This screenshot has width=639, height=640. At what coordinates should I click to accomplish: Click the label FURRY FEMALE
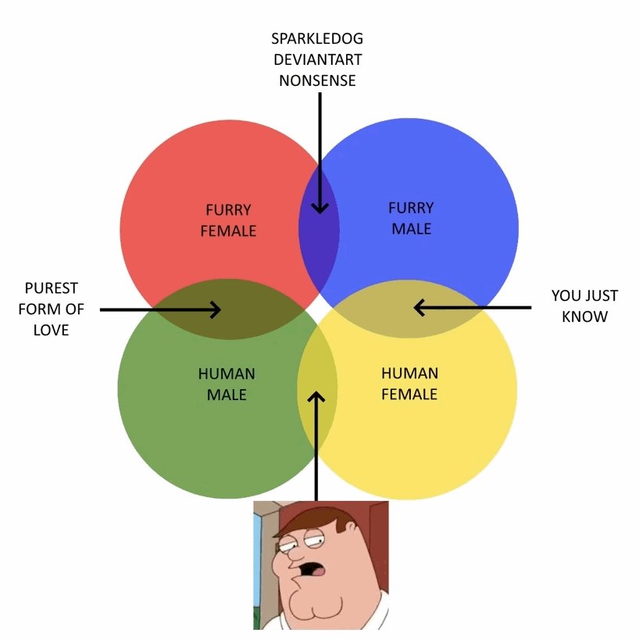[228, 220]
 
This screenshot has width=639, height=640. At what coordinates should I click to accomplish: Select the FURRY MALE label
[411, 218]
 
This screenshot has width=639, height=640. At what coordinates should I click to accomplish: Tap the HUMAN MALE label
[227, 384]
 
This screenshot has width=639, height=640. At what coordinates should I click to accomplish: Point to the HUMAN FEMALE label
[409, 383]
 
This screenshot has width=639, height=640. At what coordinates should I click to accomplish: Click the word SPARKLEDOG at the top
[317, 38]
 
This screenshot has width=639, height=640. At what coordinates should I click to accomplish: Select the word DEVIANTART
[317, 59]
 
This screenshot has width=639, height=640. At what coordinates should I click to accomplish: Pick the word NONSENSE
[317, 80]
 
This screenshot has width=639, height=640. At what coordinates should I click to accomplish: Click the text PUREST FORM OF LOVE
[51, 309]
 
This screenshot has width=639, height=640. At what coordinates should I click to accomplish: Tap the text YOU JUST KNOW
[584, 306]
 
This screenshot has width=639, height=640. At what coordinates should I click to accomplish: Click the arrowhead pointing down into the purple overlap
[319, 207]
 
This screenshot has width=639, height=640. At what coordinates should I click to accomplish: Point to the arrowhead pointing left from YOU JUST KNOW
[420, 308]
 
